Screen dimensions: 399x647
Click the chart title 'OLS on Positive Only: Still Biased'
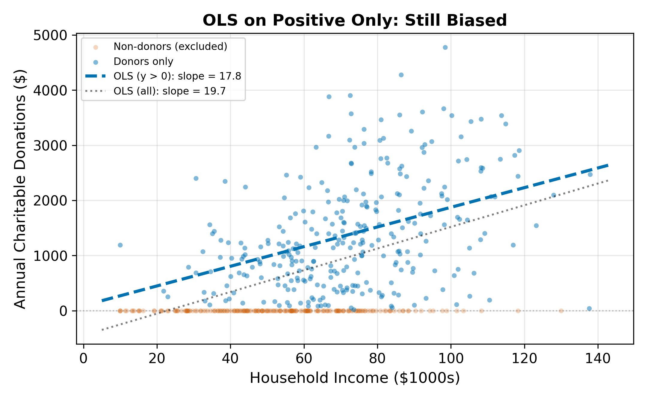coord(355,20)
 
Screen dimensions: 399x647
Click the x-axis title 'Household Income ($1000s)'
coord(355,378)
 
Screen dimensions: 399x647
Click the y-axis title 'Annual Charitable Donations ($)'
coord(20,189)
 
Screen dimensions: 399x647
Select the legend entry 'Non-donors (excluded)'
coord(170,47)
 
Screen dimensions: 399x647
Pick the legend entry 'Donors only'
coord(143,62)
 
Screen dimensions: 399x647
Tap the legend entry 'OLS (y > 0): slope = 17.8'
coord(177,76)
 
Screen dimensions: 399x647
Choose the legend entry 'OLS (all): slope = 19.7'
coord(169,91)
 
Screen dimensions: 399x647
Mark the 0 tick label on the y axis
coord(63,311)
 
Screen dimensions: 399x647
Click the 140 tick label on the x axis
coord(598,358)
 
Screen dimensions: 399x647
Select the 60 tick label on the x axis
coord(304,358)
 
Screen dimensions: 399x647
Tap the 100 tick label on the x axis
coord(451,358)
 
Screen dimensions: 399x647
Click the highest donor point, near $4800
coord(445,47)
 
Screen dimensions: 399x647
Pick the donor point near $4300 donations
coord(401,75)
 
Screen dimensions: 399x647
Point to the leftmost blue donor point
coord(120,245)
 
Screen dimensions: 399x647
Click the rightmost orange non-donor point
coord(561,311)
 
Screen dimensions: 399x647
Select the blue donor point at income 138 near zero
coord(589,308)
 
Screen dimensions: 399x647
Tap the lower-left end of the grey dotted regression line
coord(102,330)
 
